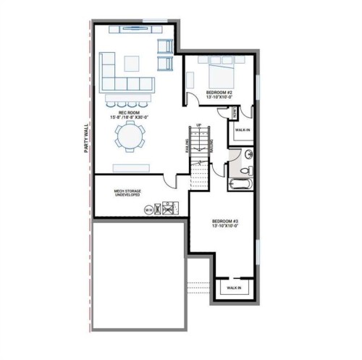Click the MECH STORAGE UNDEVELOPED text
click(127, 193)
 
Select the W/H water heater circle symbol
click(149, 210)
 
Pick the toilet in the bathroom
click(245, 170)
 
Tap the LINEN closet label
click(235, 113)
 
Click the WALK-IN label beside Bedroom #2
click(243, 130)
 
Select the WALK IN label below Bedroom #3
click(234, 288)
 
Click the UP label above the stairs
click(198, 125)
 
